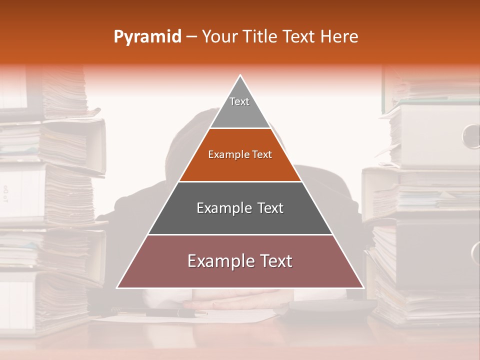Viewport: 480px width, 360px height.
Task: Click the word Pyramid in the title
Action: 147,37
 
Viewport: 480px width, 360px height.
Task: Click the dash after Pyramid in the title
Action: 191,37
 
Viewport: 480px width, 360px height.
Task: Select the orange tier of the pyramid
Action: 240,162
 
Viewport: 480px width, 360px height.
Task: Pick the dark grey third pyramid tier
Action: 240,215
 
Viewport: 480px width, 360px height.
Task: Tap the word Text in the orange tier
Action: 262,155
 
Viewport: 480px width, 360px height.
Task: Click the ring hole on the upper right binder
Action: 471,135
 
